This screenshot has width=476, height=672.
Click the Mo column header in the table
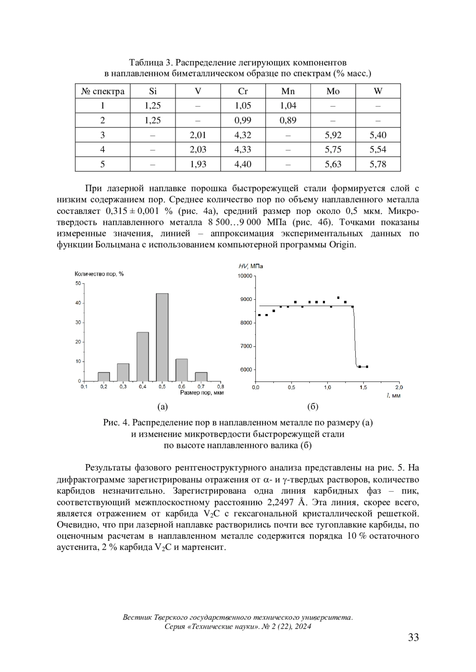coord(333,91)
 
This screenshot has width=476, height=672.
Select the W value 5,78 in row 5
coord(378,164)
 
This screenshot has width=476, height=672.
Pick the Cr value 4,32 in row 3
coord(243,135)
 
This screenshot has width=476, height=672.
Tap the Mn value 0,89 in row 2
coord(288,120)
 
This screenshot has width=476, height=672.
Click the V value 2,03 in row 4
coord(198,149)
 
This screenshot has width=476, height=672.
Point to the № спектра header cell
coord(103,91)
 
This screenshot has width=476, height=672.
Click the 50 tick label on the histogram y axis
coord(78,284)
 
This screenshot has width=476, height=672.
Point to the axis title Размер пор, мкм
coord(202,393)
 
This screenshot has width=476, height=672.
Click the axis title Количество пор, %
coord(99,274)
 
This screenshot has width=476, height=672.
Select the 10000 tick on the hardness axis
coord(245,276)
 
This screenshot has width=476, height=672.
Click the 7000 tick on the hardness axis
coord(246,346)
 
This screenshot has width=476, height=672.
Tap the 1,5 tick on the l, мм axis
coord(363,387)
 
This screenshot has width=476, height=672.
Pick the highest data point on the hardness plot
coord(338,297)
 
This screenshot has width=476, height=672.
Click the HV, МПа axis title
coord(251,266)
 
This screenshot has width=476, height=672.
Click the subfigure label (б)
coord(313,407)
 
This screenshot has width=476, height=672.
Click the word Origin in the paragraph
coord(342,244)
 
